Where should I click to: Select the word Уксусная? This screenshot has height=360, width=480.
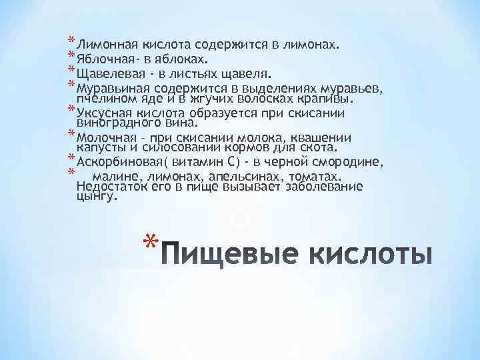(x=103, y=112)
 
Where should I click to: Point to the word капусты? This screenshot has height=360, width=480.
(x=101, y=147)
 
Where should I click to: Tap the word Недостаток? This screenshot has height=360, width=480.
(x=111, y=187)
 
